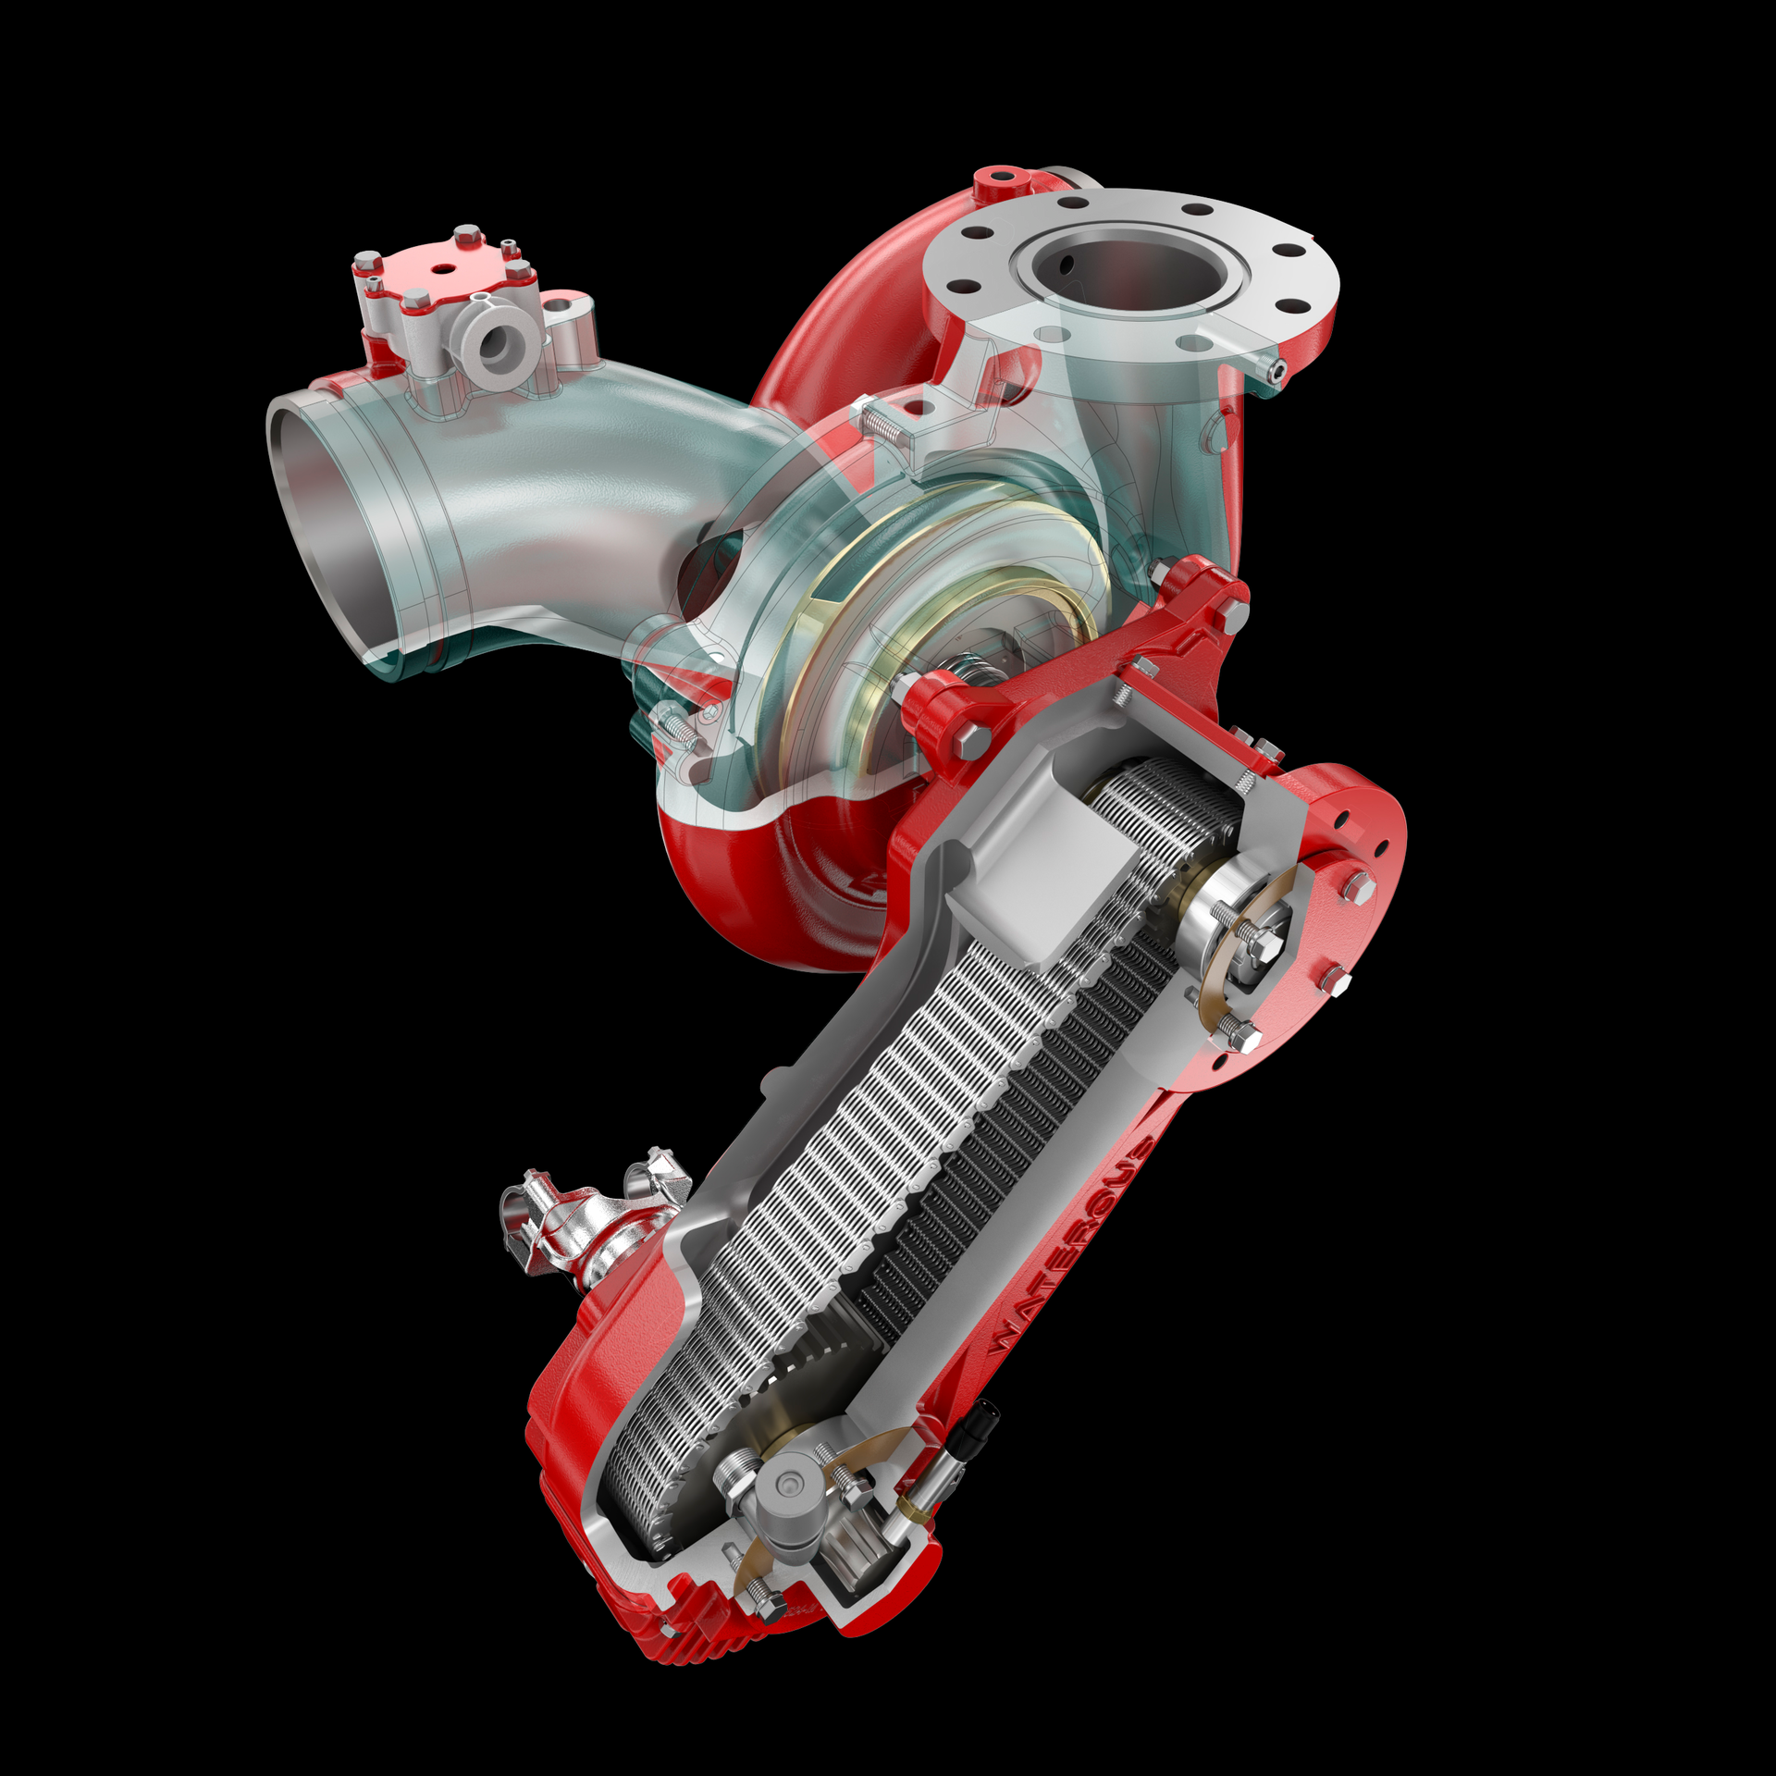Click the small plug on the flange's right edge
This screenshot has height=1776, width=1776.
pos(1277,370)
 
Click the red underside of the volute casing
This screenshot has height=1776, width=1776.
pos(740,879)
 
